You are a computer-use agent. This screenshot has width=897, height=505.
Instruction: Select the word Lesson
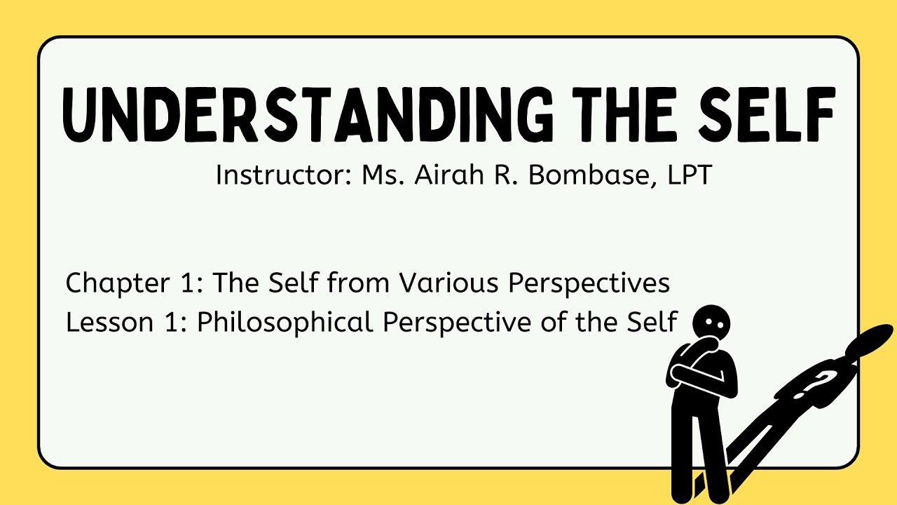coord(102,323)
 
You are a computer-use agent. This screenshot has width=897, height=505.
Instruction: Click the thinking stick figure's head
coord(711,323)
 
